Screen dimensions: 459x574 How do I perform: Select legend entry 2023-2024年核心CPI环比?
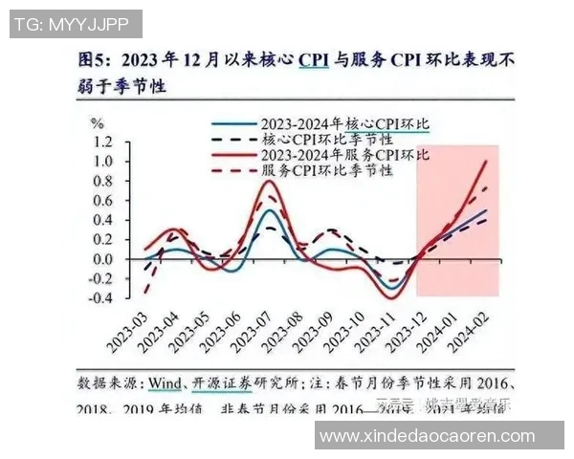(344, 125)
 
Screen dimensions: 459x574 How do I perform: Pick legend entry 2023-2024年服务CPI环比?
(344, 155)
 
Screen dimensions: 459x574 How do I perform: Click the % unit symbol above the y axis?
(97, 123)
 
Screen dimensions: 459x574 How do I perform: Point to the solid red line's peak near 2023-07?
(271, 181)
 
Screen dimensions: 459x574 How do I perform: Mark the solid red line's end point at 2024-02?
(486, 163)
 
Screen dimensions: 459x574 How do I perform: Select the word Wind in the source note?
(166, 382)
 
